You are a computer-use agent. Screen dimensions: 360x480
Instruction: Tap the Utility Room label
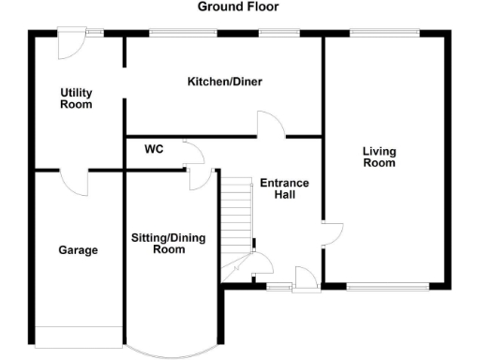76,98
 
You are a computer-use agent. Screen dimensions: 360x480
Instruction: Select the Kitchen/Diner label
224,82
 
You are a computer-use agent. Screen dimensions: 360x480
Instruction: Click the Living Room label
380,157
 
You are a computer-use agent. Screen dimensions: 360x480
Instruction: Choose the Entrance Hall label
284,188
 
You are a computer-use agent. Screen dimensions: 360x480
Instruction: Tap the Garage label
78,250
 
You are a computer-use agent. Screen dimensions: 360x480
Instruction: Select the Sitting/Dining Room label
169,244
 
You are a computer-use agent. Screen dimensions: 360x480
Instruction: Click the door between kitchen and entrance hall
270,125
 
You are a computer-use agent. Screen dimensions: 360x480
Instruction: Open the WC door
190,151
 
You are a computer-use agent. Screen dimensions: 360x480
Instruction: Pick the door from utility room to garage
75,181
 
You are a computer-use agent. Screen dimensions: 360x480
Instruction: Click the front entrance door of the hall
305,278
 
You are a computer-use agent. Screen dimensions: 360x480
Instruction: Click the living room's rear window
384,34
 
